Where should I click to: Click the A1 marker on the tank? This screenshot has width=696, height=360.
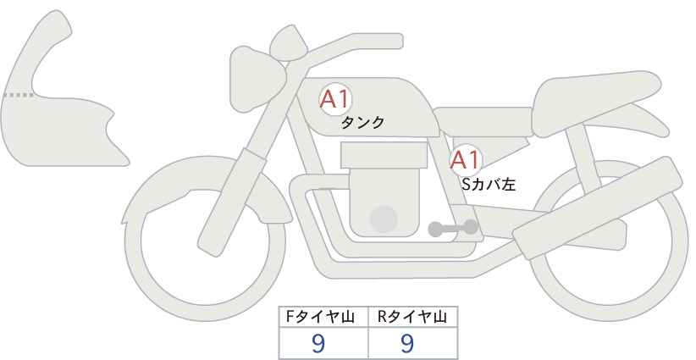point(334,99)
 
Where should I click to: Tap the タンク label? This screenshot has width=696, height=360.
point(362,123)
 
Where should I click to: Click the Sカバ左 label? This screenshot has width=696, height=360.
point(488,182)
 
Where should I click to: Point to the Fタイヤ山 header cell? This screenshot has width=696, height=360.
point(324,317)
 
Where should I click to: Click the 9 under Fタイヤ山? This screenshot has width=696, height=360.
point(318,343)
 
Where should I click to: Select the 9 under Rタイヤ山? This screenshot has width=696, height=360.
point(407,343)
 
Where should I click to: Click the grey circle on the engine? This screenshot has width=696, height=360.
point(384,219)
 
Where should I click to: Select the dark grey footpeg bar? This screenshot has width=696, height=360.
point(452,227)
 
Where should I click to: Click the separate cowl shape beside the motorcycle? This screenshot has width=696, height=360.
point(59,102)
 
